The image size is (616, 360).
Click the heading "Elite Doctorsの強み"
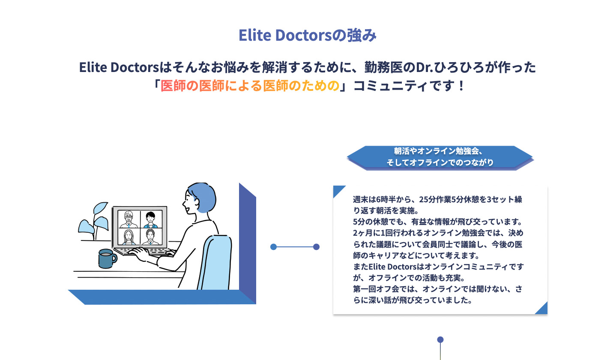(308, 36)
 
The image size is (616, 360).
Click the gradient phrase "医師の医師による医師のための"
(250, 86)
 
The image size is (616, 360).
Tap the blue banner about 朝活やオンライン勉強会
(440, 157)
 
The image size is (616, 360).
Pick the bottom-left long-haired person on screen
(129, 237)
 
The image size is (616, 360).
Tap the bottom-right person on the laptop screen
(150, 237)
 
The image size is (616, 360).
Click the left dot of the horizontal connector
(274, 247)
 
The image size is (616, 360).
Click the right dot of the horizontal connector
(317, 247)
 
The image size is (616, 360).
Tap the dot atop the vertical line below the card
(440, 340)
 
